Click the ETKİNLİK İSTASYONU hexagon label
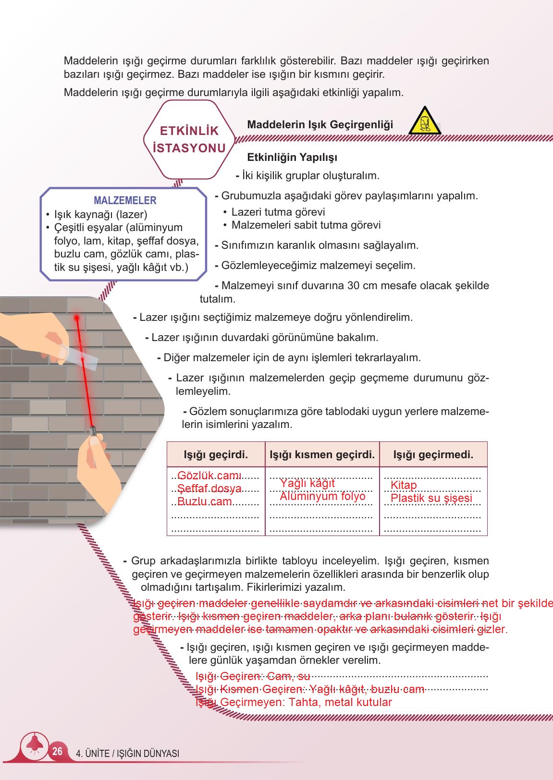(189, 139)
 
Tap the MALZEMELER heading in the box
(125, 200)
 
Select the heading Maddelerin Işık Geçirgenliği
(320, 125)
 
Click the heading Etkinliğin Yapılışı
(292, 158)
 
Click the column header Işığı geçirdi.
(216, 454)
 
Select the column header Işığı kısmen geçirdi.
(322, 454)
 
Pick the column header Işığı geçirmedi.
(433, 454)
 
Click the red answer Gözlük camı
(209, 475)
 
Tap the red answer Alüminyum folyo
(322, 496)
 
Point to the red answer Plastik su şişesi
(431, 498)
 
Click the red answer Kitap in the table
(404, 485)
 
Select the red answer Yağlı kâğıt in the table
(307, 483)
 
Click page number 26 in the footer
(57, 751)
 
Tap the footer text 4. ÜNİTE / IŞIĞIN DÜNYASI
(128, 754)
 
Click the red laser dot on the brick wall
(76, 317)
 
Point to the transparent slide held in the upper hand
(81, 358)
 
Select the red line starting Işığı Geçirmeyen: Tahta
(294, 702)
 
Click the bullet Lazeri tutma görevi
(278, 212)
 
